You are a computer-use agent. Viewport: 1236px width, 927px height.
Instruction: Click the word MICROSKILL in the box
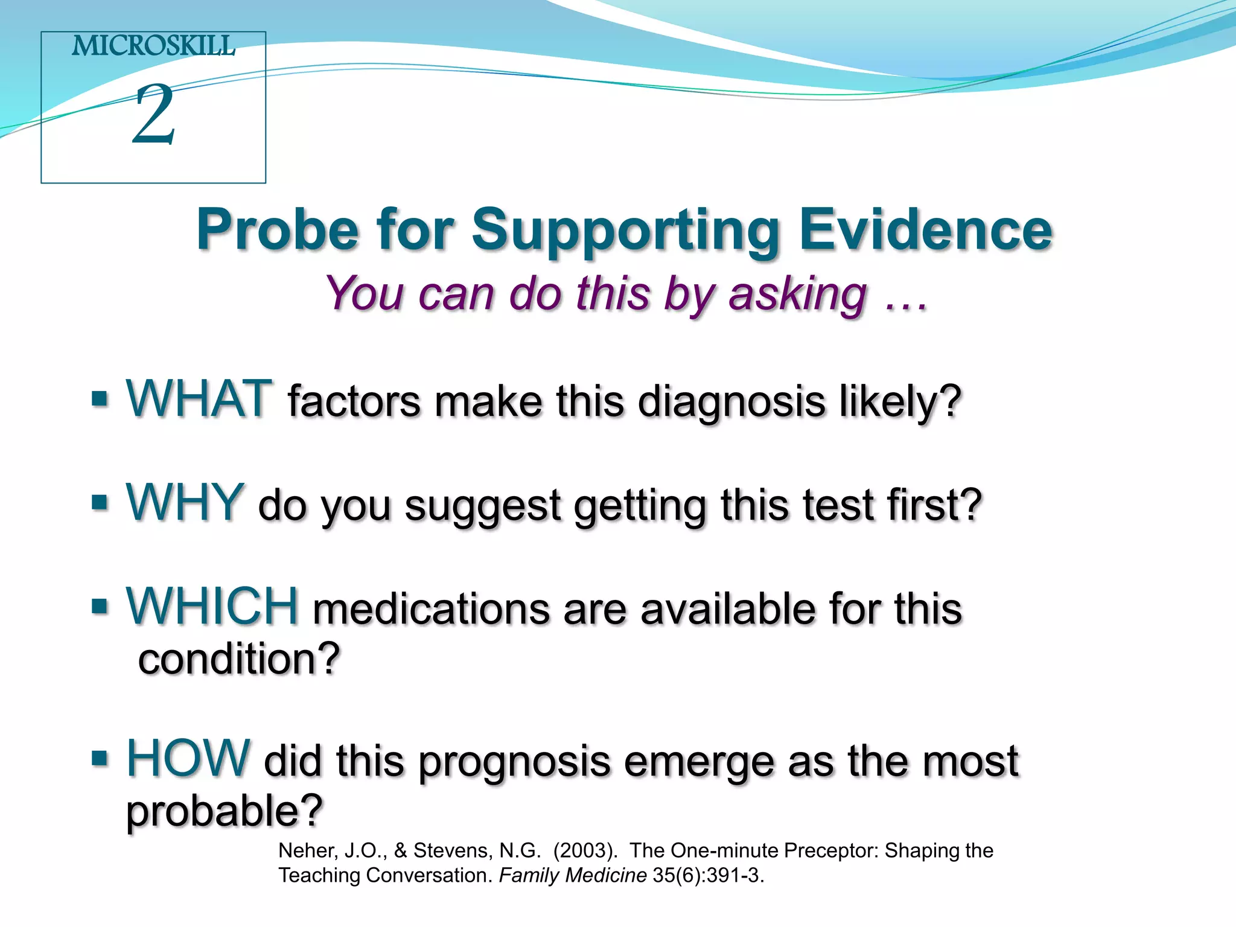coord(153,46)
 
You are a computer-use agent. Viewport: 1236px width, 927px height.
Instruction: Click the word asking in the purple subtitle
coord(798,295)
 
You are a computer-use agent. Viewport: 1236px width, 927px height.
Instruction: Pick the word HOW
coord(188,758)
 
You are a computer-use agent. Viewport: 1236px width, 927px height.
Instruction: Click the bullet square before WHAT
coord(100,399)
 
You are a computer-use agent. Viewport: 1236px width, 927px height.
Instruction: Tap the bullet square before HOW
coord(100,758)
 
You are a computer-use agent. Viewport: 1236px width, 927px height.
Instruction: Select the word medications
coord(431,609)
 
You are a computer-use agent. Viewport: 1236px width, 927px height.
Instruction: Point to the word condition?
coord(239,659)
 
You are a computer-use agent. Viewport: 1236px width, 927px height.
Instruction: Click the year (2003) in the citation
coord(585,850)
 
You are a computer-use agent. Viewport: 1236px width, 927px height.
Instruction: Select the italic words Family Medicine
coord(572,875)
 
